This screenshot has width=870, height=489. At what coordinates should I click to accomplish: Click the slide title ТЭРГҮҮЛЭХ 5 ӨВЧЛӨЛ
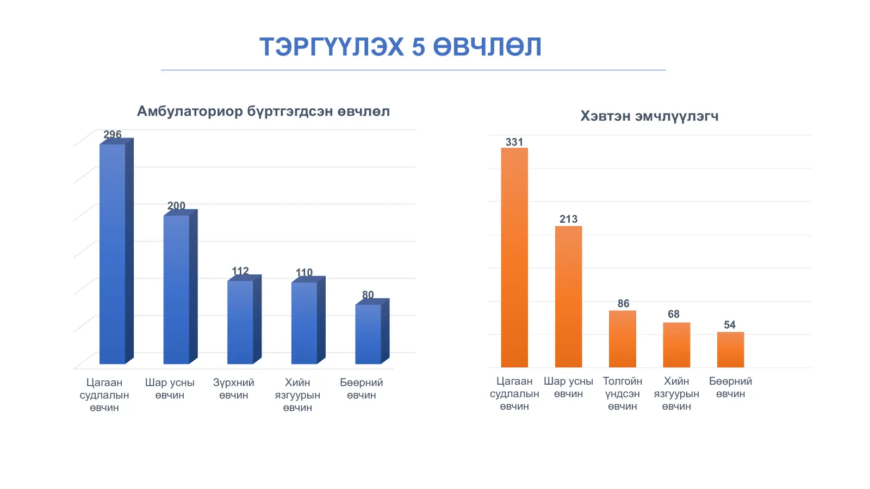(400, 47)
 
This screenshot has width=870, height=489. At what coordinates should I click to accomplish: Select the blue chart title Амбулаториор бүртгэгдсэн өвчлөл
(263, 111)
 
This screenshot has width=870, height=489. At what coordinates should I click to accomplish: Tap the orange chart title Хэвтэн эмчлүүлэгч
(649, 116)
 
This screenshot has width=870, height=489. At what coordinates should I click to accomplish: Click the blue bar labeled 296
(113, 254)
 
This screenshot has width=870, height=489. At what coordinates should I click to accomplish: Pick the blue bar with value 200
(177, 289)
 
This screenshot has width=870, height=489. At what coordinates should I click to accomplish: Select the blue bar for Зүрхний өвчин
(240, 322)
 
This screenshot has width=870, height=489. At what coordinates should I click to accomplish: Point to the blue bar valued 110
(304, 323)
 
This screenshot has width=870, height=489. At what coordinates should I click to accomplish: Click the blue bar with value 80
(368, 334)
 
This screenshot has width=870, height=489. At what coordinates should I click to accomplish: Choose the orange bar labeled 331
(514, 258)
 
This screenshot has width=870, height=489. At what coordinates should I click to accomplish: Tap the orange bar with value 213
(568, 297)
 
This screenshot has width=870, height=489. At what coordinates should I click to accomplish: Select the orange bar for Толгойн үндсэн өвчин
(623, 339)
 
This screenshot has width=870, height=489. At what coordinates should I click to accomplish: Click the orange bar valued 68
(676, 345)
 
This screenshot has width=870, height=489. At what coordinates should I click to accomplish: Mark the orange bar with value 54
(730, 349)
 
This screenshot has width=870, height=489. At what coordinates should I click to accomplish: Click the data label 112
(240, 271)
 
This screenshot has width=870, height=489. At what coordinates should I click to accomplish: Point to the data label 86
(623, 303)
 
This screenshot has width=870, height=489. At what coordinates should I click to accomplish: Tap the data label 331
(514, 142)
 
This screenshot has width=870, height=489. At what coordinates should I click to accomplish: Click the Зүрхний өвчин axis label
(234, 389)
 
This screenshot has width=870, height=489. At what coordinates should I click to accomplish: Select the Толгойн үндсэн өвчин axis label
(623, 393)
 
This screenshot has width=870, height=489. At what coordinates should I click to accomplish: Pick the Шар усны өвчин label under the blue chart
(170, 389)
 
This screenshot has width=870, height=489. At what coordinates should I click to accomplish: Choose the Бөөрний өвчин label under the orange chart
(730, 387)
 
